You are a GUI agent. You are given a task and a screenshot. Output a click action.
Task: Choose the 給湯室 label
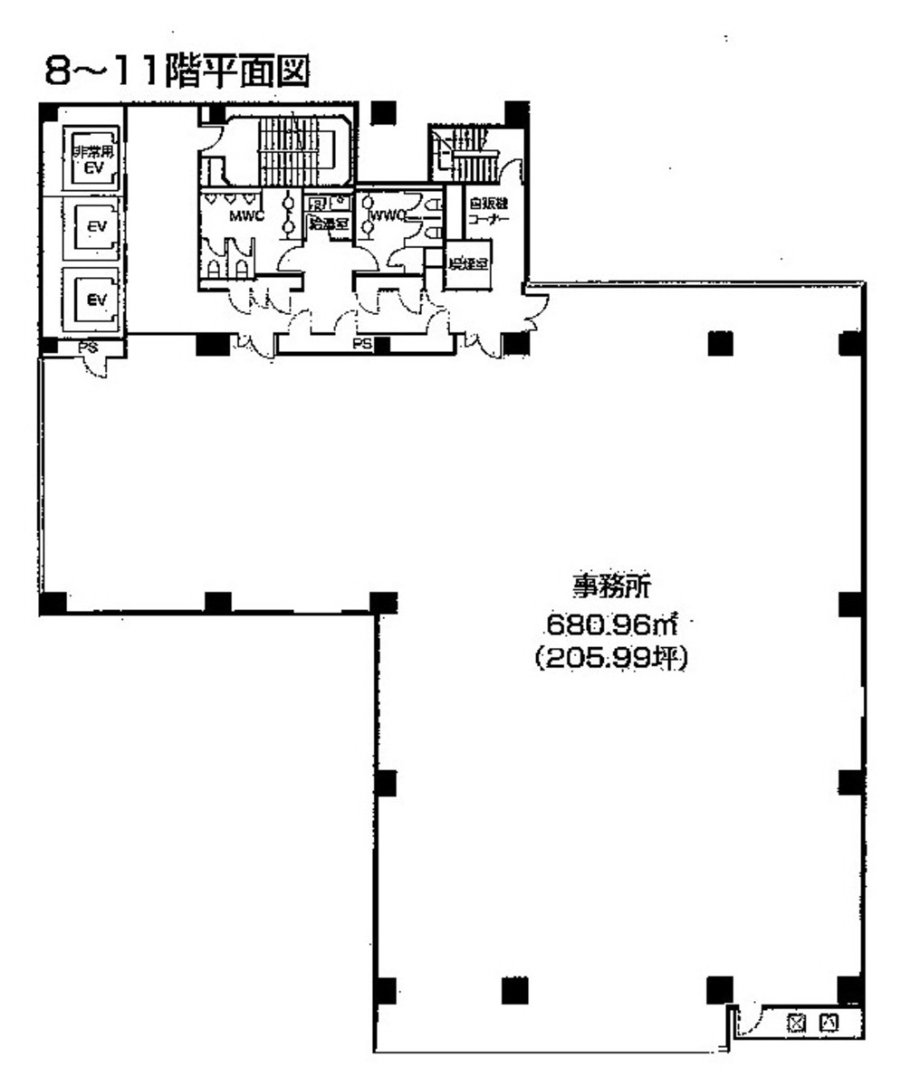pos(328,223)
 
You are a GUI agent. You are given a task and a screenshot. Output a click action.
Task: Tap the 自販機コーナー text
pos(490,212)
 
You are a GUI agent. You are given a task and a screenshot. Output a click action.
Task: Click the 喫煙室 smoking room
pos(469,265)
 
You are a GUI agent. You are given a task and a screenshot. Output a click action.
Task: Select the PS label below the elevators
pos(88,347)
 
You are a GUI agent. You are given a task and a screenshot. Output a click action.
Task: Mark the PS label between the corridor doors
pos(362,345)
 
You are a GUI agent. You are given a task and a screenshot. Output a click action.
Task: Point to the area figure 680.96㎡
pos(612,624)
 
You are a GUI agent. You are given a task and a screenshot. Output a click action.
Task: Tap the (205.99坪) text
pos(612,660)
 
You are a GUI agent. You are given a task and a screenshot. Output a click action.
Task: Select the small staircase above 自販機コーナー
pos(472,153)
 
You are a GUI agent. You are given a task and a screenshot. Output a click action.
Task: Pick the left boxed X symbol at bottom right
pos(796,1024)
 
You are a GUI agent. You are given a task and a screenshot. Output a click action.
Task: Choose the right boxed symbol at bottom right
pos(828,1024)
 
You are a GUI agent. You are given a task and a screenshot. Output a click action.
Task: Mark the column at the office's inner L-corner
pos(384,602)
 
